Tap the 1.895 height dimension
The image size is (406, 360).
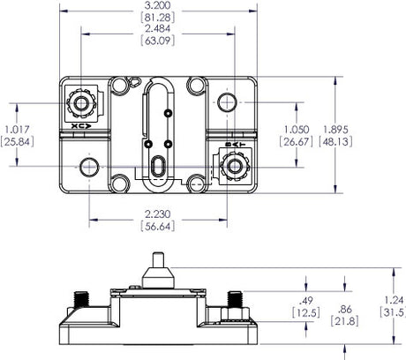339,129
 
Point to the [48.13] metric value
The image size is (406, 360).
339,141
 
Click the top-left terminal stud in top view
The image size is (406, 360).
82,103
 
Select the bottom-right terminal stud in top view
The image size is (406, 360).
234,164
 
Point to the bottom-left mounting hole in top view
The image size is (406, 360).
87,166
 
